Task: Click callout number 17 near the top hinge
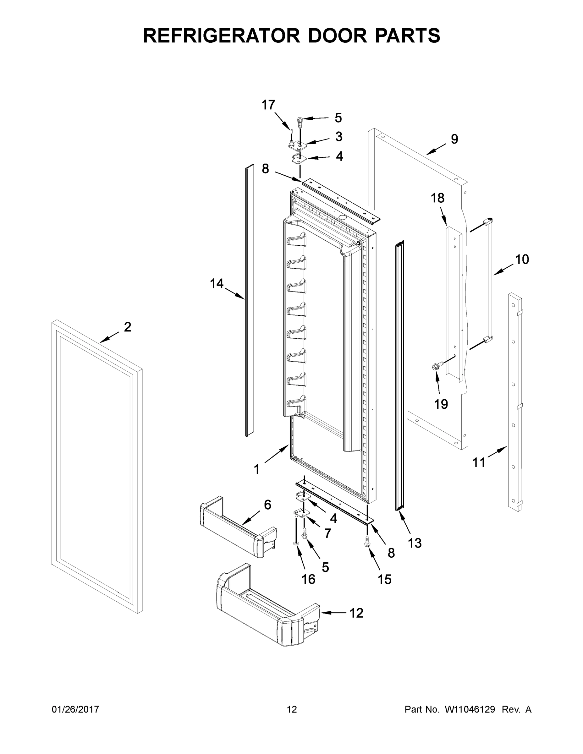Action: pos(268,105)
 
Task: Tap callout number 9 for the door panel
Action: pos(454,139)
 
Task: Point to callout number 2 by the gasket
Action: pos(128,327)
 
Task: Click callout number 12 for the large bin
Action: pos(356,613)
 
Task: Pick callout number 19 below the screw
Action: pos(441,404)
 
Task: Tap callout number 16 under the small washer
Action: pos(308,579)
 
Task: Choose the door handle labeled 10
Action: pos(489,280)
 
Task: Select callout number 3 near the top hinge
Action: pos(338,137)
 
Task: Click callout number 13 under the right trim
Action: pos(415,543)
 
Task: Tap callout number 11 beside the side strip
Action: pos(479,462)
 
